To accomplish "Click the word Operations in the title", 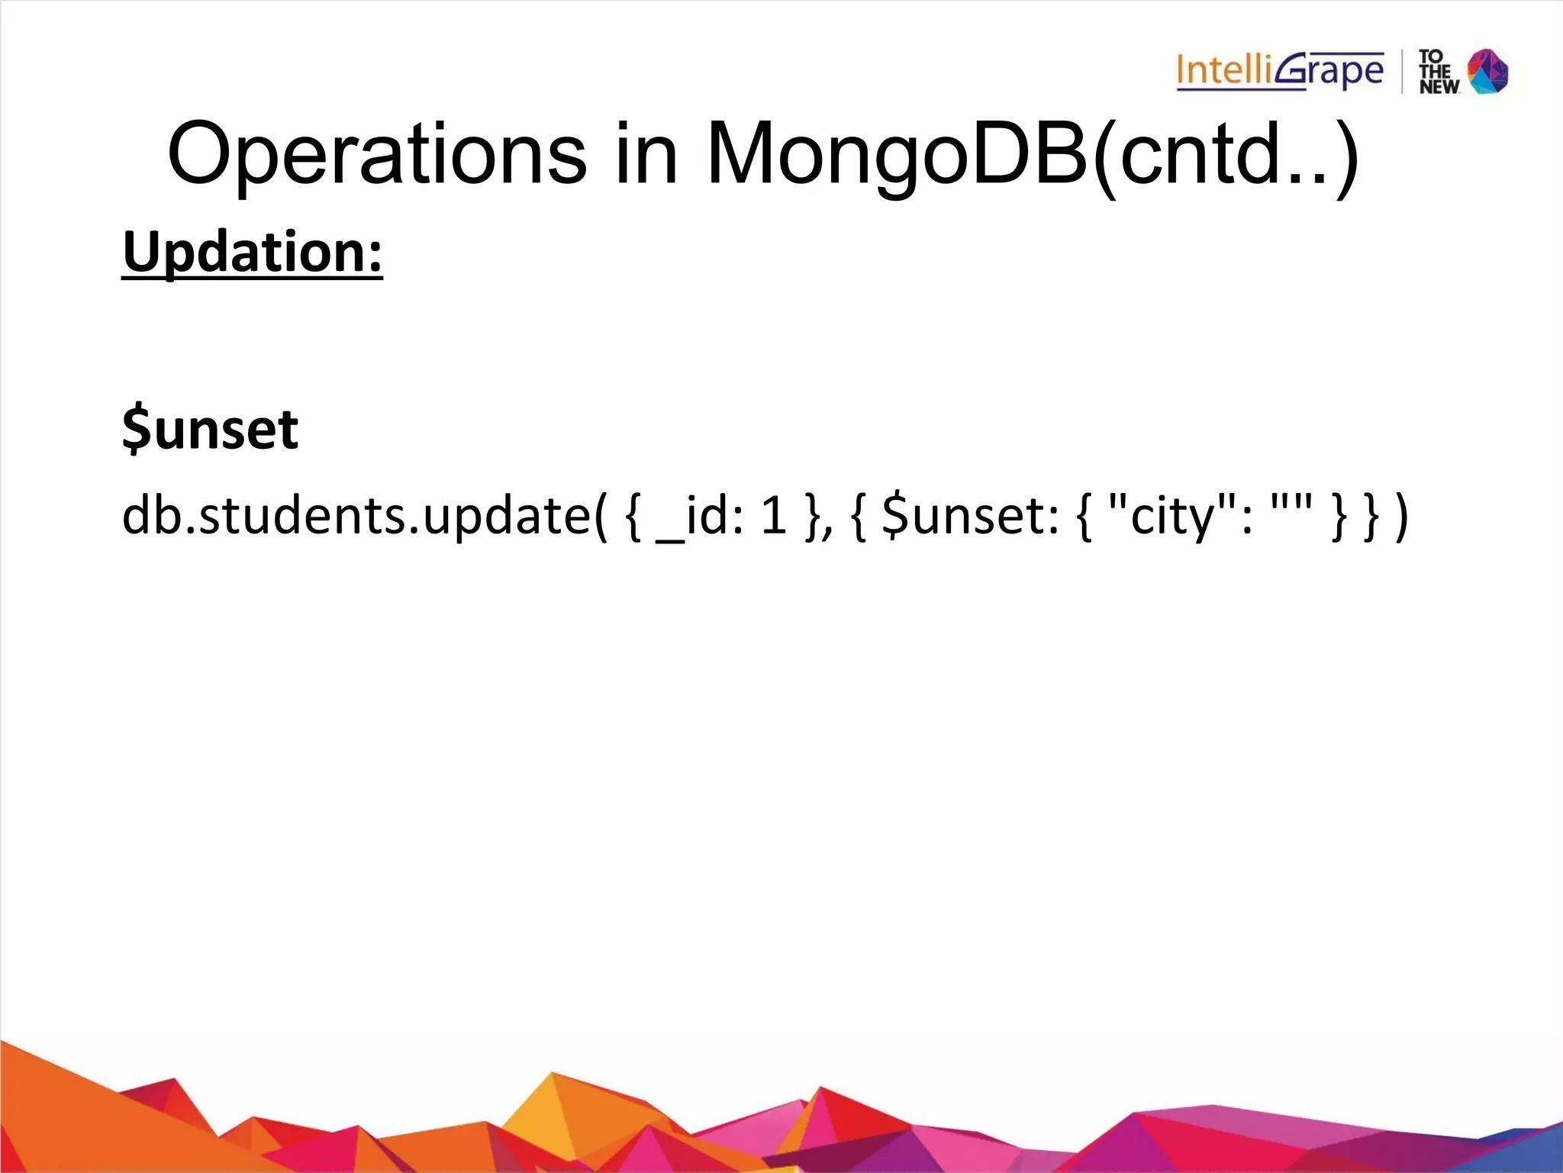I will point(377,155).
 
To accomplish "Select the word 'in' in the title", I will point(646,155).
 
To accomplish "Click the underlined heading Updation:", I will point(252,253).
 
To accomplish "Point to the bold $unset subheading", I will point(210,429).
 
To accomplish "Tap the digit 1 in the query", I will point(773,515).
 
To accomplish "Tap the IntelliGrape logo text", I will point(1279,72).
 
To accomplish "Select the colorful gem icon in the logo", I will point(1488,72).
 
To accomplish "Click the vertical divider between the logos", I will point(1402,72).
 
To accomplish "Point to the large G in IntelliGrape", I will point(1294,71).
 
